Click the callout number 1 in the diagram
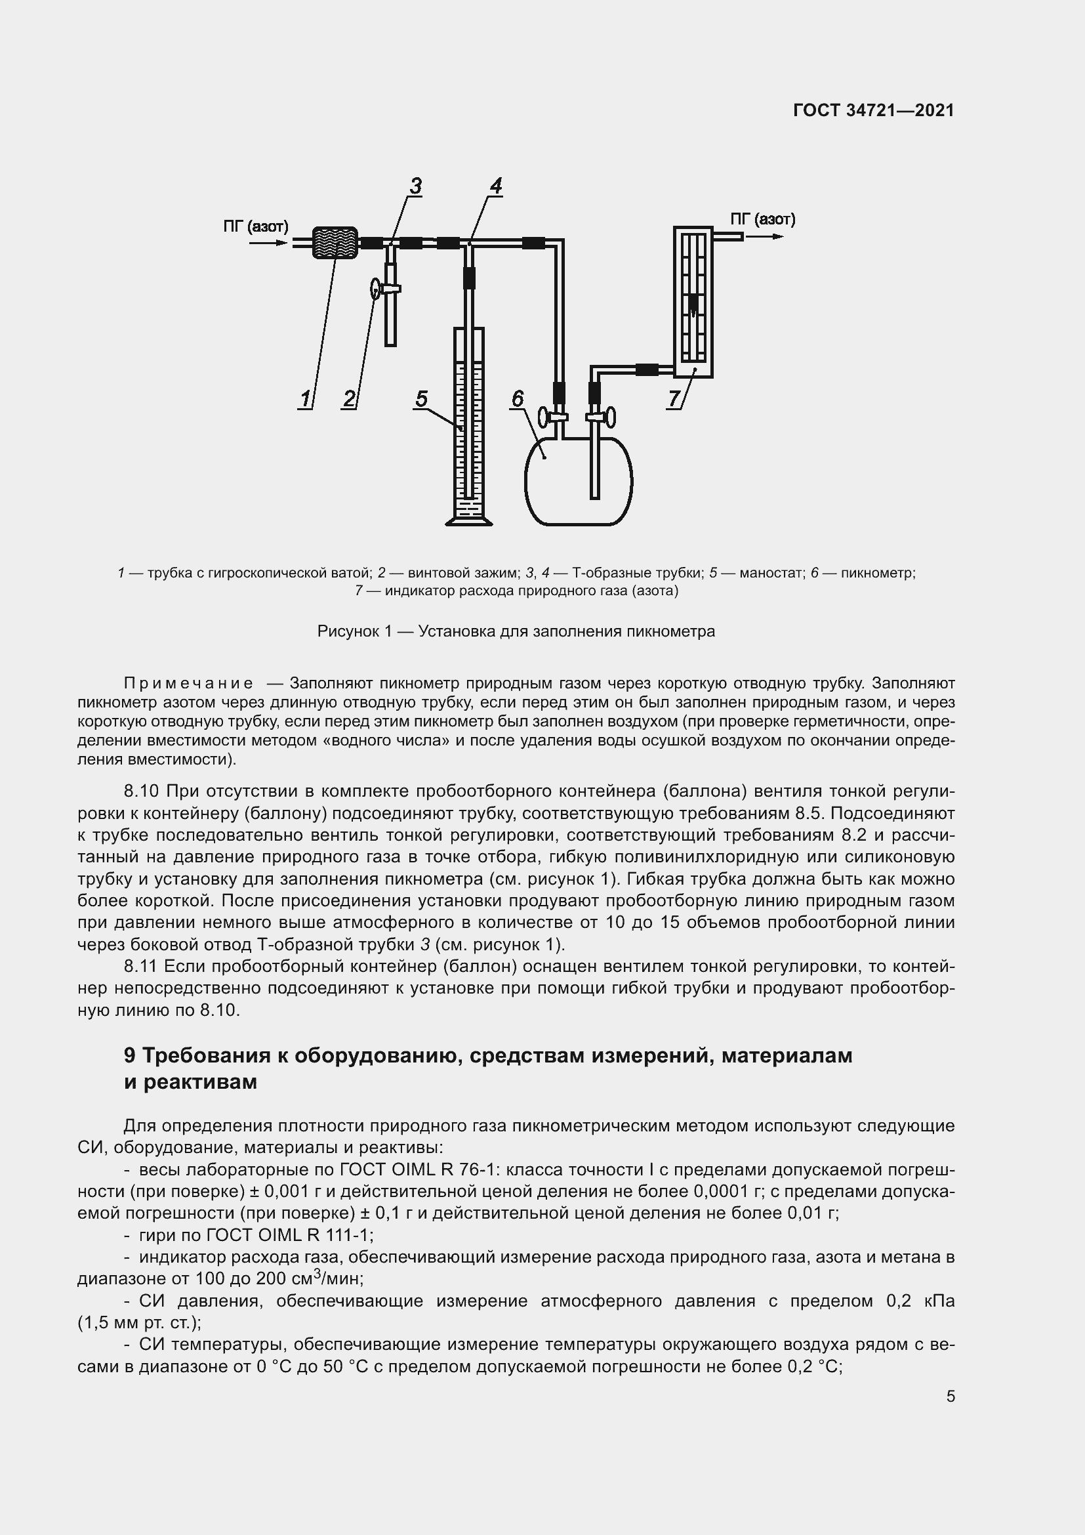coord(305,399)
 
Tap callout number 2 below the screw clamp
coord(349,399)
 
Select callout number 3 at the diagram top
coord(415,186)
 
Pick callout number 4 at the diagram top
coord(496,186)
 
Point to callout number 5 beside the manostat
coord(421,399)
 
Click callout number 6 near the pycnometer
coord(518,399)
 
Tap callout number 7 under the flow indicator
coord(674,399)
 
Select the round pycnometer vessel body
coord(579,480)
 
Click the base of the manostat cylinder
coord(469,519)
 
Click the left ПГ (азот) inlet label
coord(255,226)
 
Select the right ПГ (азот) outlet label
coord(762,219)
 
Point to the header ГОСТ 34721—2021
coord(873,110)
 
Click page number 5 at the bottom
coord(950,1396)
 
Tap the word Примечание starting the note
coord(188,683)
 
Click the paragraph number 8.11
coord(140,966)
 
